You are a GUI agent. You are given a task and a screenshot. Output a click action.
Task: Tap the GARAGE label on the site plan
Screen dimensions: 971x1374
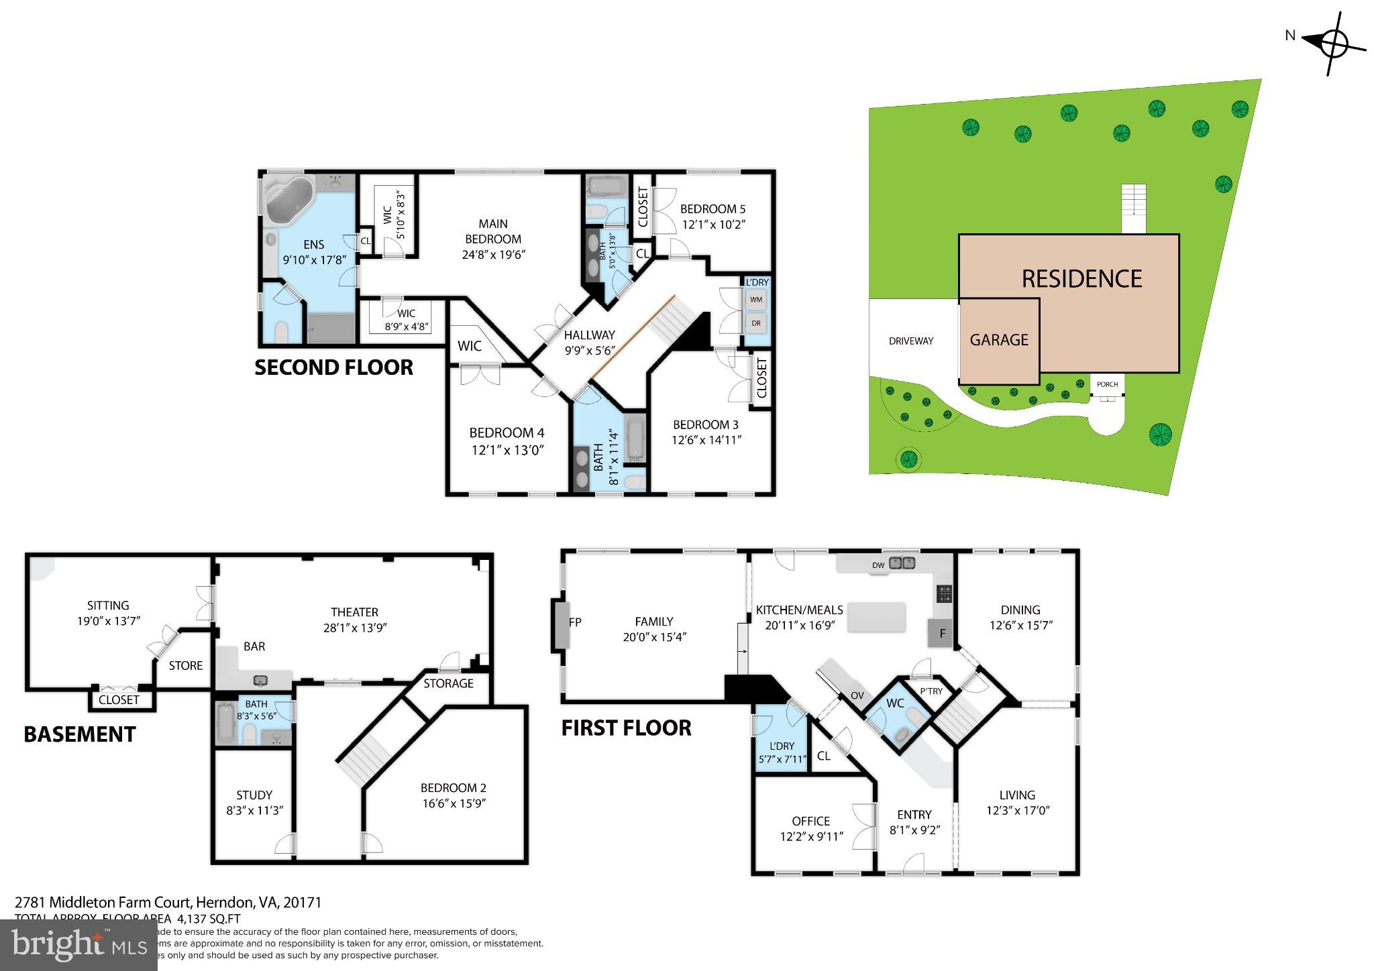[x=998, y=340]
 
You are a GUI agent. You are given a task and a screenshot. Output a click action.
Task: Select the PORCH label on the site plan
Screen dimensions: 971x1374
[x=1107, y=384]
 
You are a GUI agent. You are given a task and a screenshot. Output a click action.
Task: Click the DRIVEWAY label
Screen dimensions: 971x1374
[x=910, y=341]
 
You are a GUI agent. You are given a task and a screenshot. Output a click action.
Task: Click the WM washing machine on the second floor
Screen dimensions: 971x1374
[x=756, y=300]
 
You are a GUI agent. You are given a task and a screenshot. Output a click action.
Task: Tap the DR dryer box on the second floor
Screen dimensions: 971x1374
[x=756, y=323]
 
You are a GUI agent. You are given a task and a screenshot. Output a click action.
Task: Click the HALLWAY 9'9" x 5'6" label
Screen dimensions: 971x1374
[x=589, y=342]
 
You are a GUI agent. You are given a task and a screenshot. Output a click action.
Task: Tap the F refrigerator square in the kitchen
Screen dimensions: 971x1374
[x=941, y=633]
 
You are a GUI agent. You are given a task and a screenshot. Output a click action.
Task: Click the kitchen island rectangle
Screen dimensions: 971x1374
[x=876, y=617]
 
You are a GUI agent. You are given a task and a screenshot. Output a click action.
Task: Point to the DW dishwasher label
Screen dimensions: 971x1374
[x=878, y=565]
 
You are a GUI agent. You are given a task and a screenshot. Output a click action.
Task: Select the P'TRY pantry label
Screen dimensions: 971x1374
[x=931, y=691]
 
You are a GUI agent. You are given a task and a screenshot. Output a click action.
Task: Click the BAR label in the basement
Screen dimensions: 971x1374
[x=254, y=646]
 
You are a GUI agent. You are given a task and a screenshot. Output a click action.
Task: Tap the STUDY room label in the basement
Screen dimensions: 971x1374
[x=254, y=795]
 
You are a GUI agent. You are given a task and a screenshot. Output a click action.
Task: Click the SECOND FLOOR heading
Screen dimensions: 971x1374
[x=333, y=367]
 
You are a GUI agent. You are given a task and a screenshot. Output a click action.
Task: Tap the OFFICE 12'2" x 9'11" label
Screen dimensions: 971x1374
[x=810, y=829]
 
